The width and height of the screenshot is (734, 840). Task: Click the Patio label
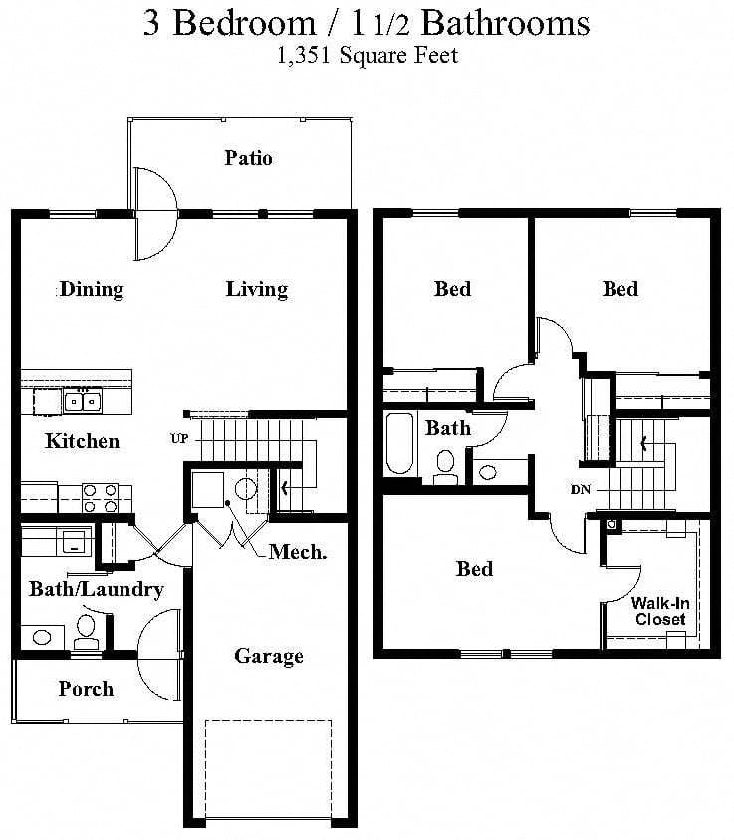[x=248, y=158]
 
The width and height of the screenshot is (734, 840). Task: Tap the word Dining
[x=92, y=290]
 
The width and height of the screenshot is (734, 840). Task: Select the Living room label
[x=256, y=290]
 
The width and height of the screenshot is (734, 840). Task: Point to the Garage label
[x=268, y=656]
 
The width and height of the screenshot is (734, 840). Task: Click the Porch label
[x=86, y=689]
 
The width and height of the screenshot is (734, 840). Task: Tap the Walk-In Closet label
[x=659, y=611]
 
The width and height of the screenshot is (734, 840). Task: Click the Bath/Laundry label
[x=96, y=589]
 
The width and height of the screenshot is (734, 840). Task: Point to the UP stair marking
[x=179, y=438]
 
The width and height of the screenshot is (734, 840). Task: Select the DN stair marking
[x=583, y=490]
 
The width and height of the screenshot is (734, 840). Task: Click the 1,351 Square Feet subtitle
[x=367, y=56]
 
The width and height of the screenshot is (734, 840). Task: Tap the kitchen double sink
[x=82, y=401]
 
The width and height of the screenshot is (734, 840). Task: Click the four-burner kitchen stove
[x=99, y=497]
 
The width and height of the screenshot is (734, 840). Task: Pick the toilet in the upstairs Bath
[x=445, y=463]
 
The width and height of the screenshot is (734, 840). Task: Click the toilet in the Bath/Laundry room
[x=87, y=629]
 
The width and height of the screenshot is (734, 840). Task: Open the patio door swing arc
[x=157, y=211]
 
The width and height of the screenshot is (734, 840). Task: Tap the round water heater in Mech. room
[x=246, y=488]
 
